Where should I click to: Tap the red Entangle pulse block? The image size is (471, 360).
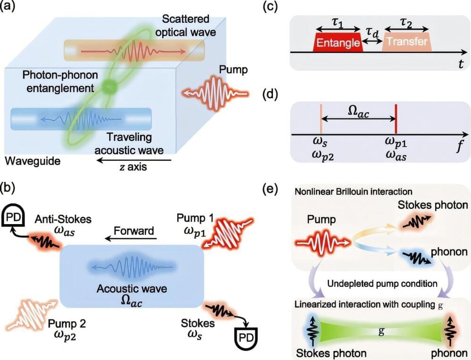pos(337,42)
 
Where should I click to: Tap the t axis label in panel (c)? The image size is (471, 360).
pos(460,65)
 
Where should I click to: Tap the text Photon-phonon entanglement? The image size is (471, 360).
pos(47,81)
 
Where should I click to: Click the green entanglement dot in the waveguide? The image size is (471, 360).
pos(109,86)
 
